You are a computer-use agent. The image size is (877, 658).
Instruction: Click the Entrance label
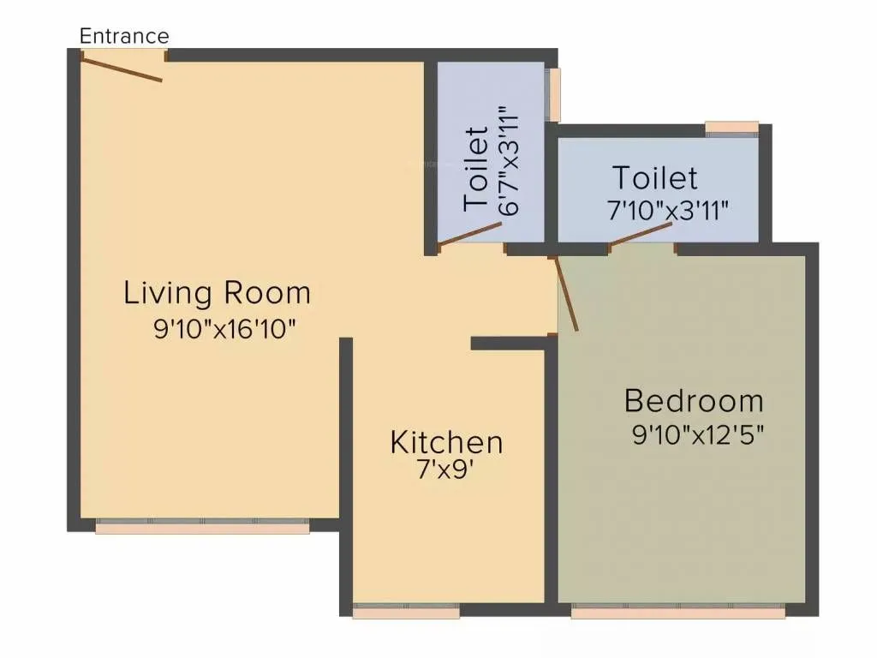[124, 36]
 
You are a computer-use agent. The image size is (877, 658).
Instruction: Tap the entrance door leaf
[122, 68]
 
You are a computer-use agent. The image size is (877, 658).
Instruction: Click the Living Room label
[217, 293]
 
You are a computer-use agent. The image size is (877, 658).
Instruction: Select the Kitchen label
[446, 443]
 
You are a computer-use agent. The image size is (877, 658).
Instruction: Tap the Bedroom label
[694, 400]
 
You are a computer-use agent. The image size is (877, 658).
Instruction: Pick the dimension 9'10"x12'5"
[697, 435]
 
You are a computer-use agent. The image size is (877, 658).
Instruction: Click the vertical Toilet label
[477, 169]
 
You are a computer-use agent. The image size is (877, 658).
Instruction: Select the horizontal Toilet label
[654, 178]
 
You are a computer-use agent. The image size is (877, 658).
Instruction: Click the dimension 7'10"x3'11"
[668, 209]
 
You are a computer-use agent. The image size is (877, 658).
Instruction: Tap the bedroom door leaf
[567, 294]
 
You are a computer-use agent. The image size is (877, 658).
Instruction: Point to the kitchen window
[406, 612]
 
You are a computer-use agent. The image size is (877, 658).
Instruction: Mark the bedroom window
[677, 612]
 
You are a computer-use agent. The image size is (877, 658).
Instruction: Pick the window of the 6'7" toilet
[555, 94]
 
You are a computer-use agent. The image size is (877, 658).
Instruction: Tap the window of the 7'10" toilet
[732, 129]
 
